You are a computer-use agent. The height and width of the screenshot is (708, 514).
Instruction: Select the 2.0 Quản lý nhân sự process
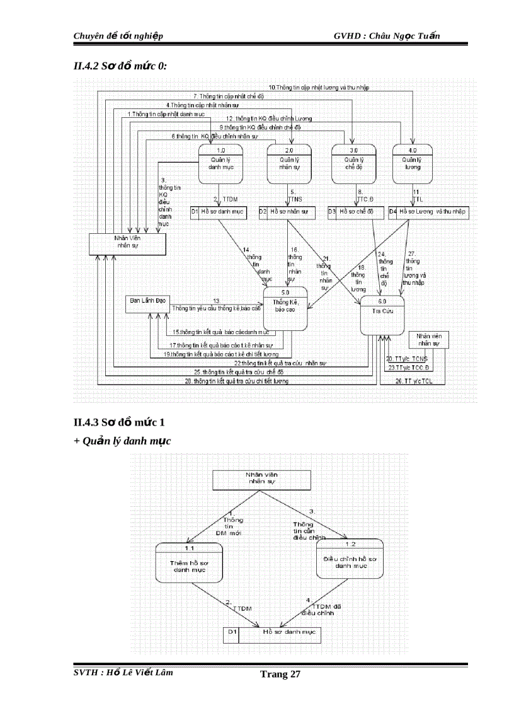pos(289,163)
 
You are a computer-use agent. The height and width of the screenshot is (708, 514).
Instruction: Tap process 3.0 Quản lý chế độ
pos(353,163)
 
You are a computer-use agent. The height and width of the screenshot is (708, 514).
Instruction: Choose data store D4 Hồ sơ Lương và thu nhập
pos(428,212)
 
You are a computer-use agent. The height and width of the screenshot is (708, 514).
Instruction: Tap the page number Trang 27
pos(280,675)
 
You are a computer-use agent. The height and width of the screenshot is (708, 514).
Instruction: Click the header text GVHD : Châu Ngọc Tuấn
pos(387,35)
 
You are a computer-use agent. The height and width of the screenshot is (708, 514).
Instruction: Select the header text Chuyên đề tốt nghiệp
pos(118,35)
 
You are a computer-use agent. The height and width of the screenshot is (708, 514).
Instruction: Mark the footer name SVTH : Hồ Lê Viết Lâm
pos(123,672)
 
